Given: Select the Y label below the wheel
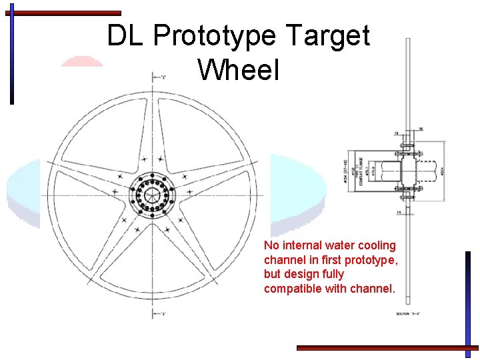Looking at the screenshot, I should tap(163, 313).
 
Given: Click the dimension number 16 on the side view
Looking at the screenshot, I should tap(421, 129).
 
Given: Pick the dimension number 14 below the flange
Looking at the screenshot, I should tap(398, 213).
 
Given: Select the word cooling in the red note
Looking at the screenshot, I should tap(377, 246).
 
